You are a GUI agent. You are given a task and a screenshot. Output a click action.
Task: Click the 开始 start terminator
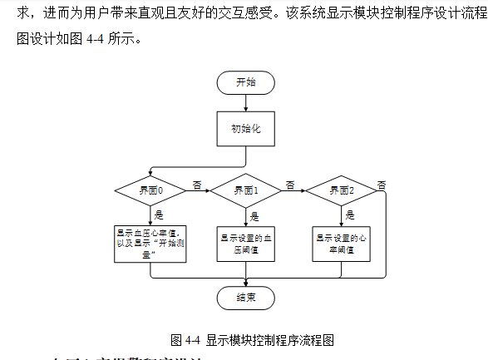245,82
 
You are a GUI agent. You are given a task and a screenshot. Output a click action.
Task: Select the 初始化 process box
245,129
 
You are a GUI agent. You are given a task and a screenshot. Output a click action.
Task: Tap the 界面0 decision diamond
150,190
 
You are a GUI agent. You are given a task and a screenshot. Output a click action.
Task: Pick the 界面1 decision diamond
245,190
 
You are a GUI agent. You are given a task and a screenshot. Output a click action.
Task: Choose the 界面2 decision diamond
341,190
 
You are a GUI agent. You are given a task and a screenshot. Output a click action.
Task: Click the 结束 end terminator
245,298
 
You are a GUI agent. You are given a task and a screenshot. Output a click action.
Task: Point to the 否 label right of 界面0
196,183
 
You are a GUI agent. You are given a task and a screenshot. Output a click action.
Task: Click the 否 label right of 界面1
290,184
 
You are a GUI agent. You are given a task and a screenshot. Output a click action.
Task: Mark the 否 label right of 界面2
382,184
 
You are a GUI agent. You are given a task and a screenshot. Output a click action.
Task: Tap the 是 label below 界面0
159,215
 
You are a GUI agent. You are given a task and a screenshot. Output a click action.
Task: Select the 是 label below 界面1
254,215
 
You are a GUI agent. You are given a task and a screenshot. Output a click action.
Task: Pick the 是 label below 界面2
350,215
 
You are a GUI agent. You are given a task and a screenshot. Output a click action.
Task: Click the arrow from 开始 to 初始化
245,102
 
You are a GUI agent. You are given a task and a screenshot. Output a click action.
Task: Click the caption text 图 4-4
185,340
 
